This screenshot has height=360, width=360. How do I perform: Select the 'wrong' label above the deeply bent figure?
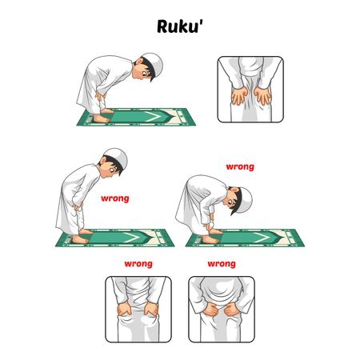(240, 167)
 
